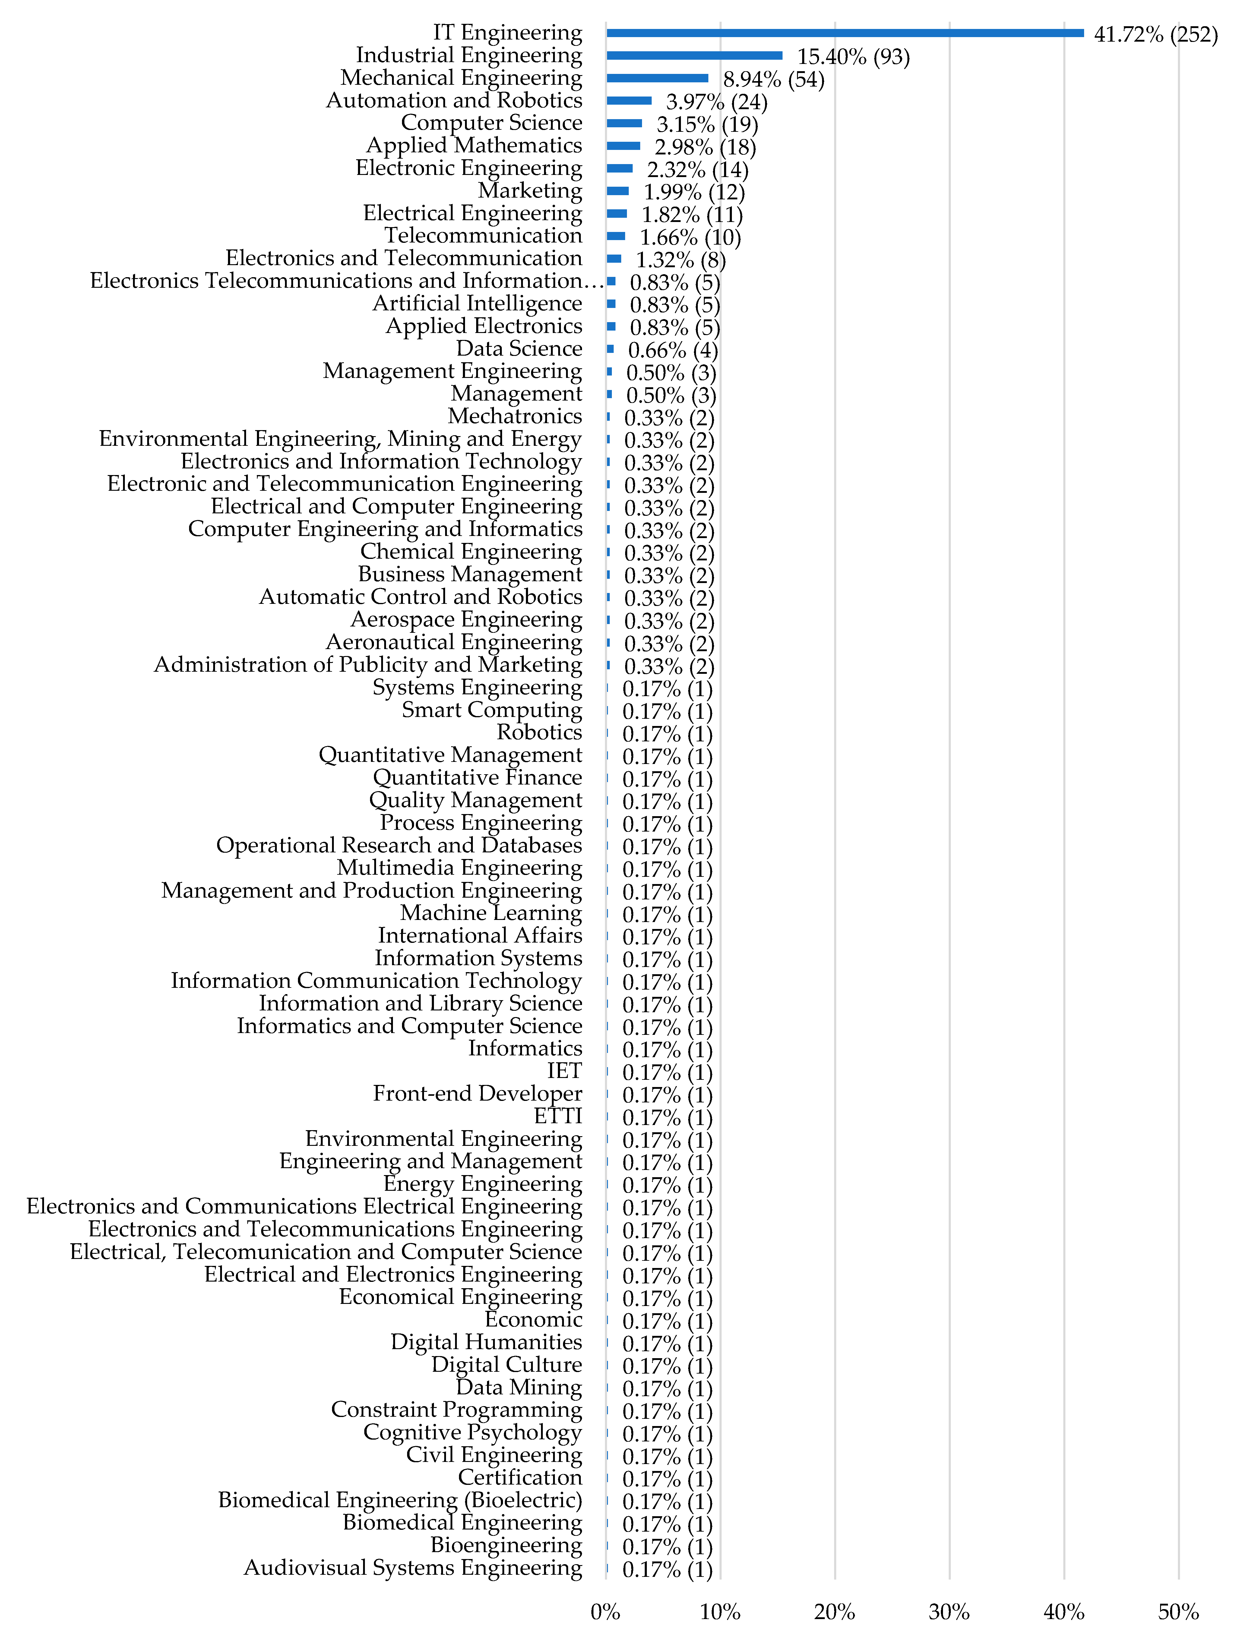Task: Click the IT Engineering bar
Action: click(844, 33)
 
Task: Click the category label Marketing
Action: click(530, 191)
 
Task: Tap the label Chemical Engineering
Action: click(471, 552)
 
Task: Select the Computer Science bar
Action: click(624, 123)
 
